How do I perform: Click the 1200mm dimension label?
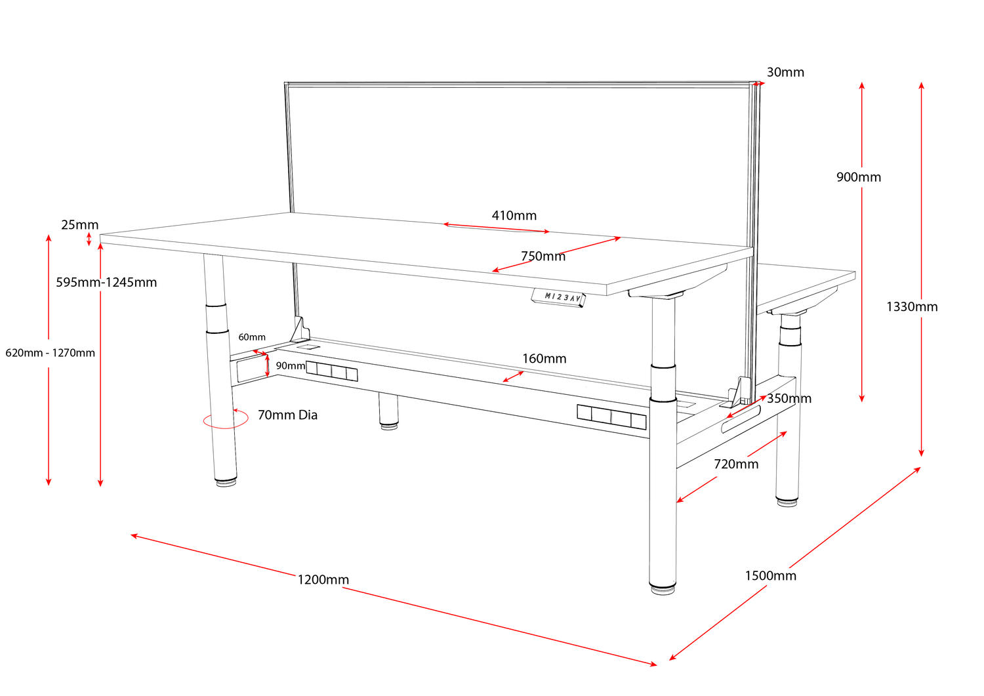click(323, 579)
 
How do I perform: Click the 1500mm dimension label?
click(770, 575)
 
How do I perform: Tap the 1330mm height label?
click(912, 306)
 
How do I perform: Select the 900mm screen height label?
click(858, 177)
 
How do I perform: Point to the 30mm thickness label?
click(785, 72)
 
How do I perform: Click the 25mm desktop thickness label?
click(79, 225)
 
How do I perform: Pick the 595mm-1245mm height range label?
click(106, 283)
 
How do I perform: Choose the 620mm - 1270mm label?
click(51, 353)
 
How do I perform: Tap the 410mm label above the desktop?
click(514, 215)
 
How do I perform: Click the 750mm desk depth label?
click(543, 256)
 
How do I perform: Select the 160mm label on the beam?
click(544, 359)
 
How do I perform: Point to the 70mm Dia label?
click(287, 415)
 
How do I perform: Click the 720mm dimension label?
click(736, 464)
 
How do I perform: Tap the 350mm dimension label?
click(789, 398)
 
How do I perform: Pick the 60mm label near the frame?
click(252, 337)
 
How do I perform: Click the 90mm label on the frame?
click(290, 365)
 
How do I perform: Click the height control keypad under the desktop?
click(557, 298)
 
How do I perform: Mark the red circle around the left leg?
click(225, 420)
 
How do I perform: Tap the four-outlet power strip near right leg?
click(611, 417)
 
